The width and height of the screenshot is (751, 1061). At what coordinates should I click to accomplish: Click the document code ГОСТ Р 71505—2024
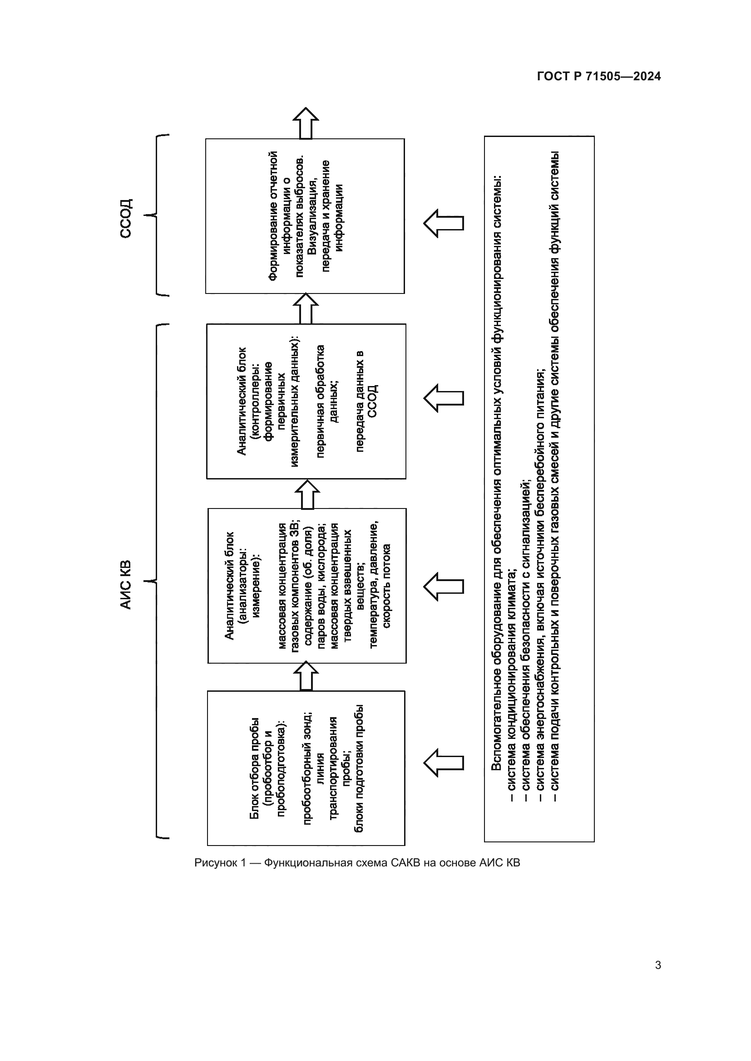[x=599, y=77]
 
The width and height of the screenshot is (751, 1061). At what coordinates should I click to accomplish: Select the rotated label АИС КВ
[x=126, y=585]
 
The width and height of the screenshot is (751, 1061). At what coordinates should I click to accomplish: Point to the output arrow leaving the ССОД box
[x=306, y=123]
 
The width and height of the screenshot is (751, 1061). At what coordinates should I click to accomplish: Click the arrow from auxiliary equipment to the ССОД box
[x=444, y=223]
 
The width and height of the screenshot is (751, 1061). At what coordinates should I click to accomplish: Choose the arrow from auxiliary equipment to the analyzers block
[x=444, y=587]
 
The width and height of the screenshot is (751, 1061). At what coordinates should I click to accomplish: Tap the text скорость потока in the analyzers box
[x=386, y=586]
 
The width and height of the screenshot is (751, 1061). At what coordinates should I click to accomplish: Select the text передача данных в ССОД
[x=367, y=401]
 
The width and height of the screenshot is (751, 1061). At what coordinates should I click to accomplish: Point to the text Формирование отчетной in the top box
[x=273, y=216]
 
